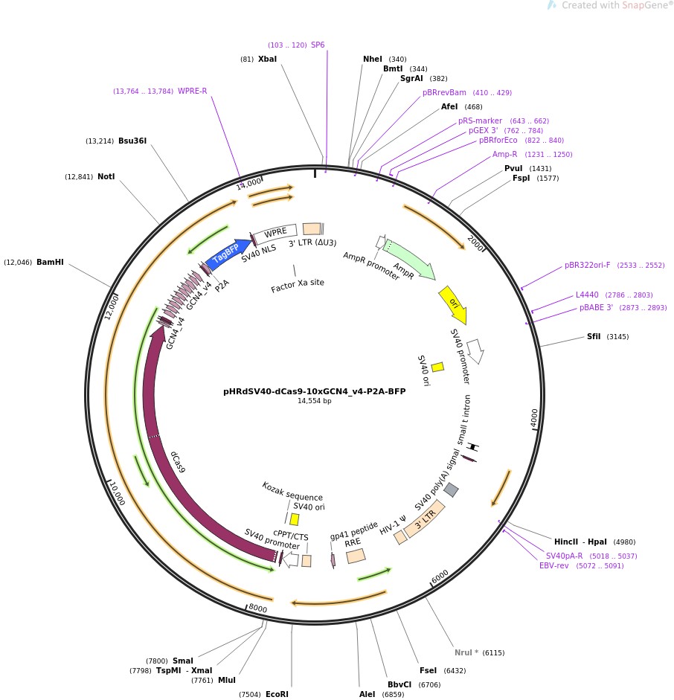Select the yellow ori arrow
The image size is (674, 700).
(x=453, y=304)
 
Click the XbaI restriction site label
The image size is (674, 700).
(x=267, y=59)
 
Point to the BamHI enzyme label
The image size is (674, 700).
(x=50, y=262)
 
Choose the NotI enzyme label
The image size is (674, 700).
(x=106, y=176)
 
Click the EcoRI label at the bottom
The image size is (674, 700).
(x=277, y=694)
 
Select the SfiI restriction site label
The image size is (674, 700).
(x=594, y=336)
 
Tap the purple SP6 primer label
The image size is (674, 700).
(x=318, y=45)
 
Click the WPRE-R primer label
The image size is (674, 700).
(x=192, y=91)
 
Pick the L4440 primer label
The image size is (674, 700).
(x=587, y=295)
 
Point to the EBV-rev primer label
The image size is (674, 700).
(x=554, y=565)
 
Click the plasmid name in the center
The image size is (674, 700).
(x=315, y=391)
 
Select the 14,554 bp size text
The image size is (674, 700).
(x=315, y=401)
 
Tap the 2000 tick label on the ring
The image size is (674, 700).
(x=475, y=243)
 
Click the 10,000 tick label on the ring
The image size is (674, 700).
(x=118, y=492)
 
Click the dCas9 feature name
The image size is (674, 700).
(x=178, y=461)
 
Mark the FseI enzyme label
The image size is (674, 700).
(x=428, y=670)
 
